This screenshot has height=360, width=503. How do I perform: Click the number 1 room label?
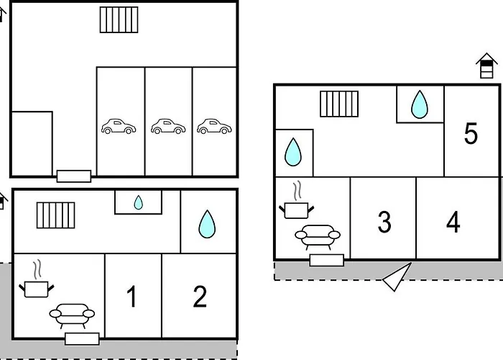pyautogui.click(x=131, y=297)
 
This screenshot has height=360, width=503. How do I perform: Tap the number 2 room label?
pyautogui.click(x=200, y=297)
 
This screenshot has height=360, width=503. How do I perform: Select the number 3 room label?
pyautogui.click(x=384, y=222)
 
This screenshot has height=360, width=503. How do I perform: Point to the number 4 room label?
pyautogui.click(x=453, y=222)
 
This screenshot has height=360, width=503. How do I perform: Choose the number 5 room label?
pyautogui.click(x=471, y=134)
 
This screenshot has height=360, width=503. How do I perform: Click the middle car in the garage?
pyautogui.click(x=168, y=127)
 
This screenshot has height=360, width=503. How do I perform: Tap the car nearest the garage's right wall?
pyautogui.click(x=214, y=127)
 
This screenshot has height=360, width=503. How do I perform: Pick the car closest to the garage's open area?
pyautogui.click(x=119, y=127)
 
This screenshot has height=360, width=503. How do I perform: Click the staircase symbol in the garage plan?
pyautogui.click(x=119, y=19)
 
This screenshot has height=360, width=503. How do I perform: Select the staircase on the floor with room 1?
pyautogui.click(x=56, y=215)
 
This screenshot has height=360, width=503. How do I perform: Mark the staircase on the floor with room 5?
pyautogui.click(x=334, y=103)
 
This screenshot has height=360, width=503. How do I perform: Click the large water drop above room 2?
pyautogui.click(x=207, y=224)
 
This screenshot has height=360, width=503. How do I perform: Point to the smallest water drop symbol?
pyautogui.click(x=138, y=203)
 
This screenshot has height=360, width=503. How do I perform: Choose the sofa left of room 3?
pyautogui.click(x=318, y=235)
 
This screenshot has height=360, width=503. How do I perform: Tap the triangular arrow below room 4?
pyautogui.click(x=397, y=278)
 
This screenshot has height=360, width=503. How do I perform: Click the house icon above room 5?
pyautogui.click(x=486, y=66)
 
